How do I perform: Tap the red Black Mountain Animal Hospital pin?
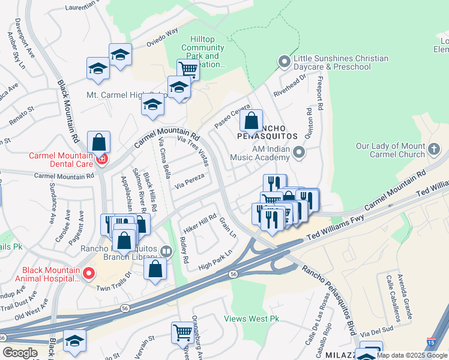89,274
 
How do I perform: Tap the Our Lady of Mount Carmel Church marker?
433,148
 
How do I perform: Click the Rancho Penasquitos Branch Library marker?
167,251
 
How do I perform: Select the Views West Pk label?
252,319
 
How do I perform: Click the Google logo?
20,353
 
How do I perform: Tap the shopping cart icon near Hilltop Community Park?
188,69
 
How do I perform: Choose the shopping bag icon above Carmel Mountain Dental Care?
99,143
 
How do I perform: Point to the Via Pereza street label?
189,182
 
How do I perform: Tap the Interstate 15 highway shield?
432,342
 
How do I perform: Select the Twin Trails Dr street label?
113,286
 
